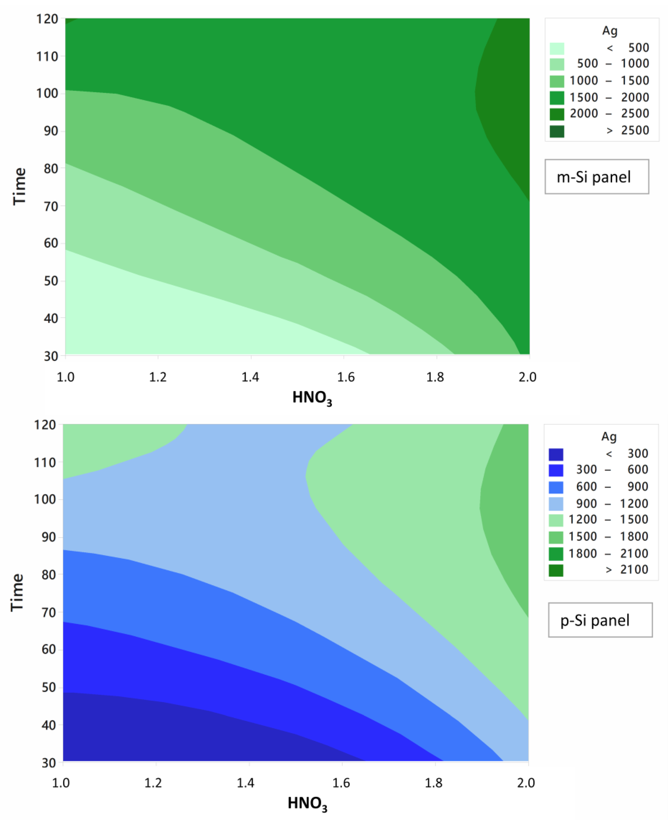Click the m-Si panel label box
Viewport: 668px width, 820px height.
pos(596,177)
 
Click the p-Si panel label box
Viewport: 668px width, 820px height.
pos(600,620)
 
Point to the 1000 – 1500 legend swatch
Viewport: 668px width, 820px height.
pos(557,81)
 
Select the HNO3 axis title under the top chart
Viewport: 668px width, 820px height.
pos(312,398)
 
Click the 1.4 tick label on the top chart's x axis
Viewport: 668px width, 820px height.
pos(250,377)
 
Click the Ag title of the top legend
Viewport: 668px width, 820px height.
pos(610,31)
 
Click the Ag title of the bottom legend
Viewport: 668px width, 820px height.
pos(609,437)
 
